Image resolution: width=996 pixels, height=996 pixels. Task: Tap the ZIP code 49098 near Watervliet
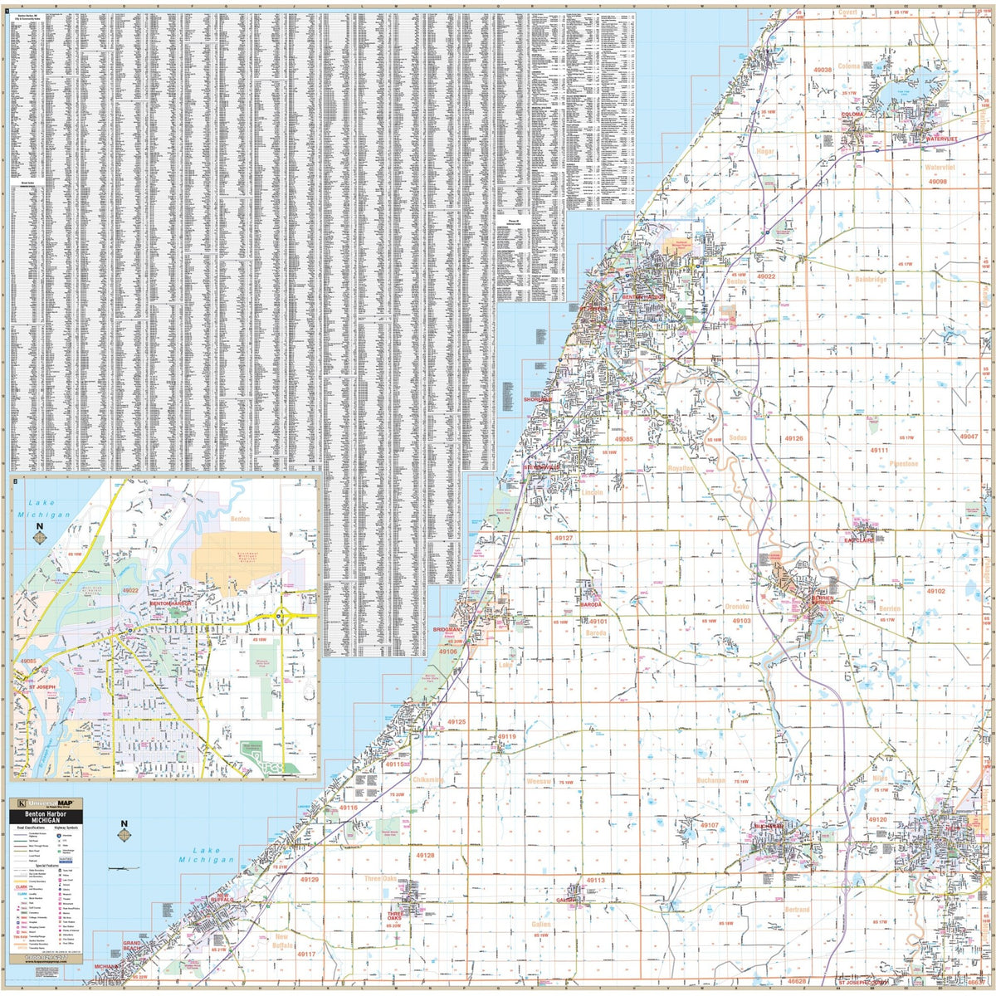pyautogui.click(x=938, y=181)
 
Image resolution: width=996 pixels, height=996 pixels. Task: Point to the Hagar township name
pyautogui.click(x=764, y=152)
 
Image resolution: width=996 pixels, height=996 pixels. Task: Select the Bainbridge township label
pyautogui.click(x=871, y=280)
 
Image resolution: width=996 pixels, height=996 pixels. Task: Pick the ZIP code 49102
pyautogui.click(x=935, y=591)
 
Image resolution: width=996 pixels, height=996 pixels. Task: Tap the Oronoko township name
pyautogui.click(x=737, y=607)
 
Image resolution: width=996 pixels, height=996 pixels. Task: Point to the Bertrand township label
pyautogui.click(x=797, y=910)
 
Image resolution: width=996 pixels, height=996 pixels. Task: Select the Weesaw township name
pyautogui.click(x=539, y=782)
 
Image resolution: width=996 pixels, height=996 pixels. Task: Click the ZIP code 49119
pyautogui.click(x=506, y=736)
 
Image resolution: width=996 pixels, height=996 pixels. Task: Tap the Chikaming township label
pyautogui.click(x=427, y=780)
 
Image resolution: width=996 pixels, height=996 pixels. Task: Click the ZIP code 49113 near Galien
pyautogui.click(x=595, y=880)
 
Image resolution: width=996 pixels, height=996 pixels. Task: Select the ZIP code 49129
pyautogui.click(x=310, y=879)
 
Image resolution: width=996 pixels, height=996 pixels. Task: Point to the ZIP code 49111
pyautogui.click(x=880, y=449)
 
